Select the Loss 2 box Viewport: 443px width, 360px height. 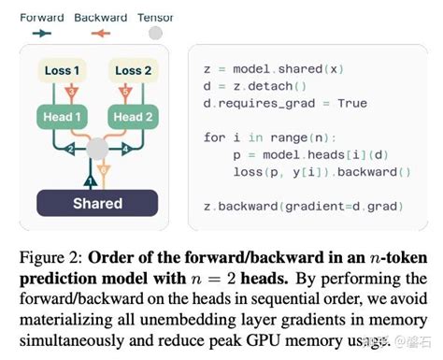pyautogui.click(x=135, y=69)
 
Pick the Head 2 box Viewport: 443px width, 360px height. pyautogui.click(x=135, y=116)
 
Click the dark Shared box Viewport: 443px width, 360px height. pyautogui.click(x=97, y=203)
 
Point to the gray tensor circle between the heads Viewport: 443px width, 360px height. pyautogui.click(x=97, y=149)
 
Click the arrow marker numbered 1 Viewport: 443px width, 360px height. pyautogui.click(x=90, y=180)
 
